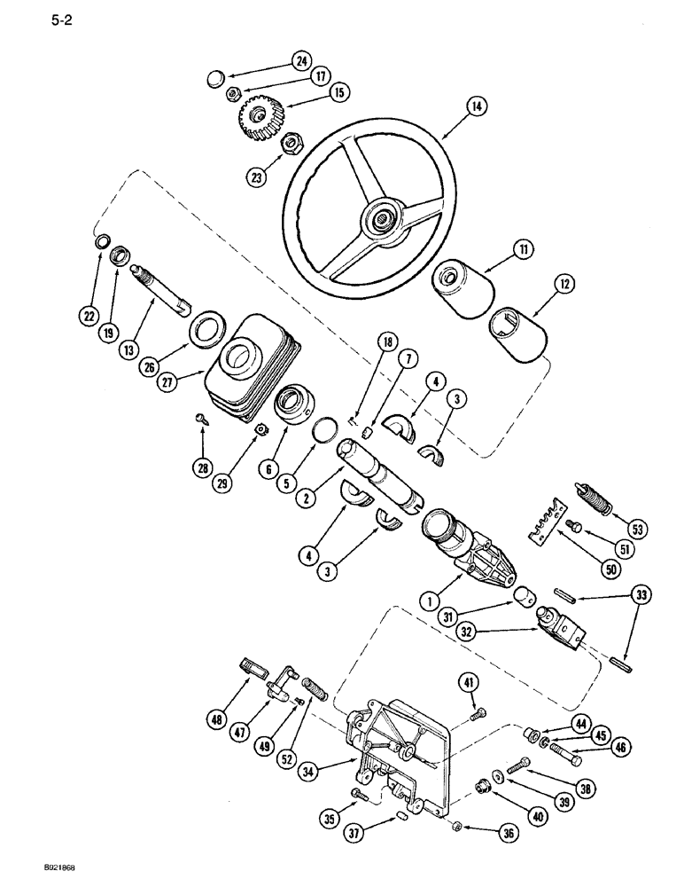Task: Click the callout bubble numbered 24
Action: pyautogui.click(x=301, y=61)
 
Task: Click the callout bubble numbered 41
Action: pyautogui.click(x=469, y=682)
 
